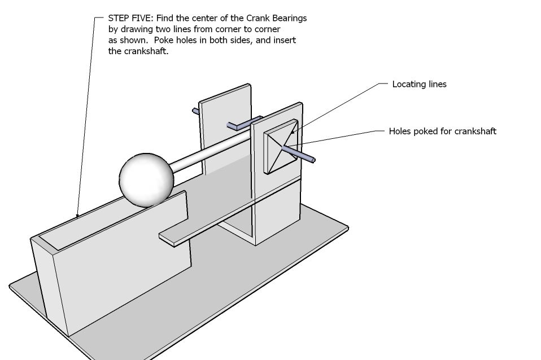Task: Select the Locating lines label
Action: [419, 84]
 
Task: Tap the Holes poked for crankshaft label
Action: [442, 131]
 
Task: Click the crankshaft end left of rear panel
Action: [195, 111]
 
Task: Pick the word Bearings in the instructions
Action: [289, 18]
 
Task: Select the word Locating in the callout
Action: [408, 84]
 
